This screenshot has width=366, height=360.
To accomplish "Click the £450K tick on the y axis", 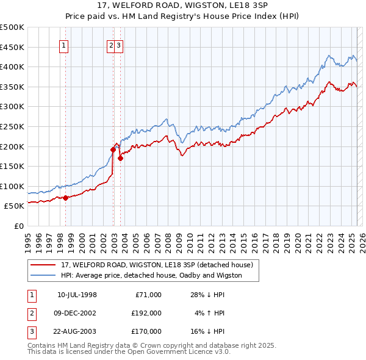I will click(x=12, y=47).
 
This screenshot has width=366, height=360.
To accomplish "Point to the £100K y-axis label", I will click(x=12, y=186).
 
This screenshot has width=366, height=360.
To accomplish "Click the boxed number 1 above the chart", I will click(x=63, y=45).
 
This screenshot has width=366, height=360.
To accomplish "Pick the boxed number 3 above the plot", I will click(x=119, y=45).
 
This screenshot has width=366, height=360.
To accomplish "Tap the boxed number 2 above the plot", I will click(x=111, y=45).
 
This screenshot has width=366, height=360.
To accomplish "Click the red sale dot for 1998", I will click(x=65, y=198).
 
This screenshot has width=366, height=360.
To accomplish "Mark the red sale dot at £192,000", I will click(x=113, y=149).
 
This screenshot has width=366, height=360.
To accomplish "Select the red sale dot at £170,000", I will click(x=120, y=158).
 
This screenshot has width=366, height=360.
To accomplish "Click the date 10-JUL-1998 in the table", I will click(x=77, y=295).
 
